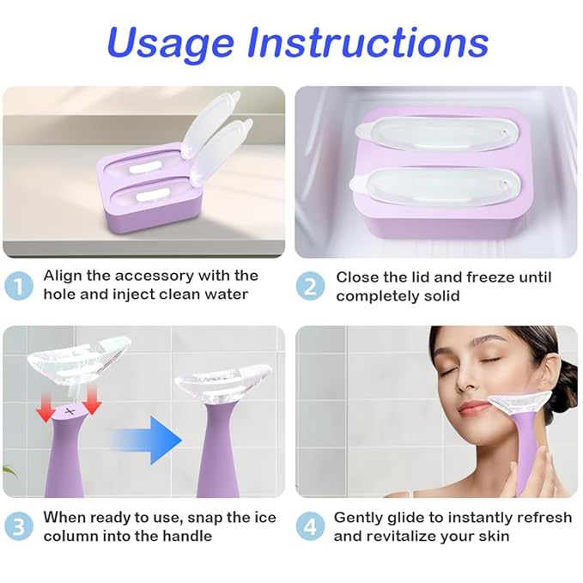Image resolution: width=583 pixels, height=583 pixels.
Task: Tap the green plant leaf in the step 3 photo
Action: (9, 471)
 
